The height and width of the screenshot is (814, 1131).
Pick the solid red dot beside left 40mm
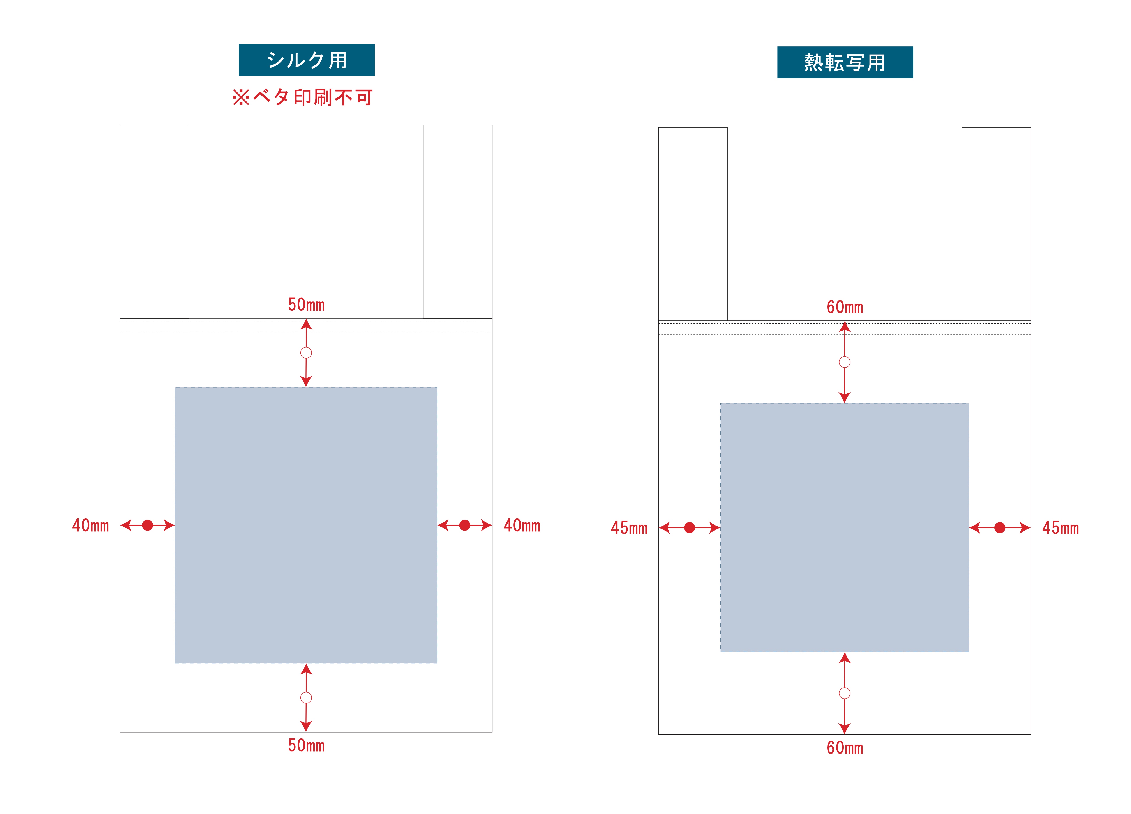tap(148, 525)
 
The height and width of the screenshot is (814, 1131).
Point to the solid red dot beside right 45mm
tap(1000, 528)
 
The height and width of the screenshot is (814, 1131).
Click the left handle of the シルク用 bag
tap(154, 221)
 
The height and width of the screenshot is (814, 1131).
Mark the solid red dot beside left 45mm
tap(690, 528)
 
